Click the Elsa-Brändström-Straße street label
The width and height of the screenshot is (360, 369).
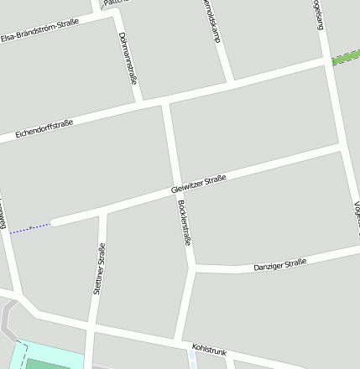pos(39,29)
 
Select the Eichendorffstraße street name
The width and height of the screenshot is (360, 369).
pos(44,129)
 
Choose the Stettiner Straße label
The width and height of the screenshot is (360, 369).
pos(100,268)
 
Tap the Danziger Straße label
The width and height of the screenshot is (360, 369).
pos(280,265)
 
